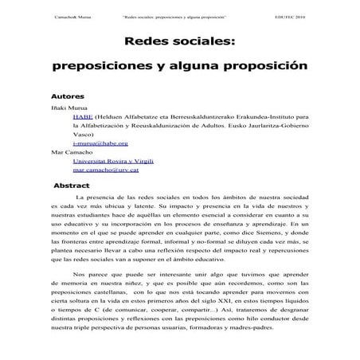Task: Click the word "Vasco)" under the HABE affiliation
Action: click(84, 135)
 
